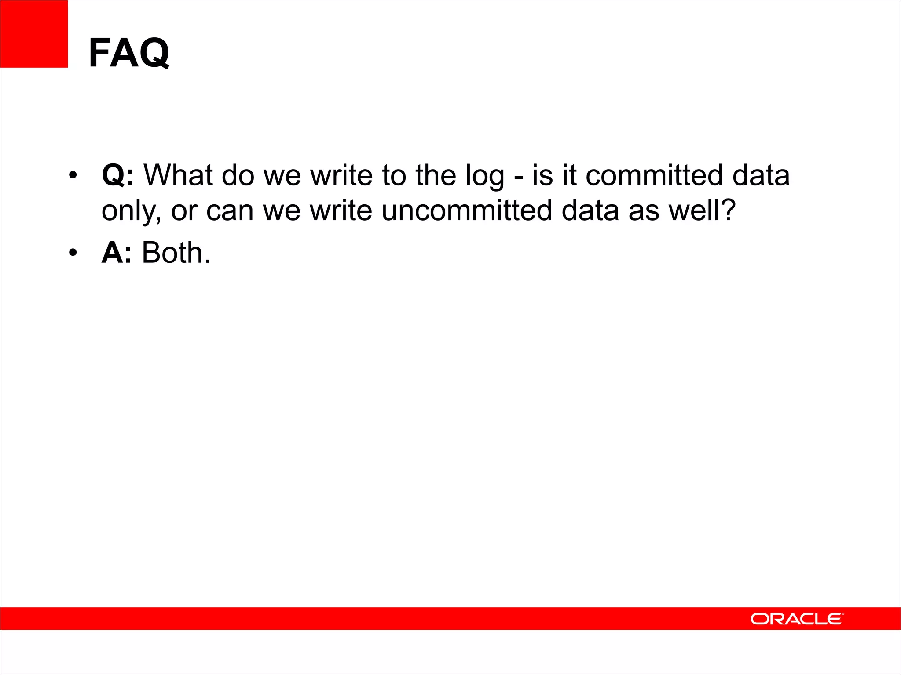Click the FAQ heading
coord(128,53)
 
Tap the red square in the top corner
coord(34,34)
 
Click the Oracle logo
coord(797,619)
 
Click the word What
coord(178,175)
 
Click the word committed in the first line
coord(654,175)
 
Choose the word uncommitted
coord(467,210)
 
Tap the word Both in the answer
coord(176,253)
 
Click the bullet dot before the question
coord(73,175)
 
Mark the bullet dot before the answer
coord(73,253)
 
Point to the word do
coord(238,175)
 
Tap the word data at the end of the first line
coord(761,175)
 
